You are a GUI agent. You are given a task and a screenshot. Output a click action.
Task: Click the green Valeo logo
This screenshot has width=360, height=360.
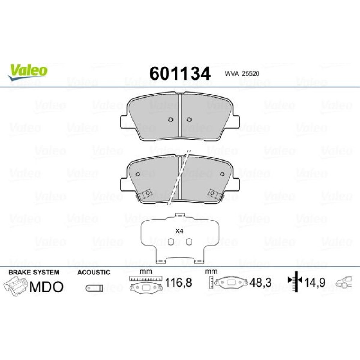[x=28, y=72]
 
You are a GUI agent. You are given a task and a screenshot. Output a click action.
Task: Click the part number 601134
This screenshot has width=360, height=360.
[x=180, y=73]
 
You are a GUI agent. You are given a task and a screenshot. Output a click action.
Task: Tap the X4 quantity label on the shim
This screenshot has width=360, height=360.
[x=179, y=231]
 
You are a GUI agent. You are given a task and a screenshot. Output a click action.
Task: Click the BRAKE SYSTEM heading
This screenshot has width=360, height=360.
[x=34, y=272]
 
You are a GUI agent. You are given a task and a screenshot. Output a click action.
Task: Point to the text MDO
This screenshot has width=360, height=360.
[x=46, y=287]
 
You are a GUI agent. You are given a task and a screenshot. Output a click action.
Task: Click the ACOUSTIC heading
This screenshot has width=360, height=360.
[x=94, y=272]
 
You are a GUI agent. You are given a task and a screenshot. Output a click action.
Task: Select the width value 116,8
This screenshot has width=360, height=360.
[x=179, y=282]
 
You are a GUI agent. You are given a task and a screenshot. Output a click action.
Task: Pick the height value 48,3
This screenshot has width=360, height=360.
[x=260, y=282]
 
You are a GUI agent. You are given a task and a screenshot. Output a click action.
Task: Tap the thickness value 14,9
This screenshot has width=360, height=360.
[x=315, y=282]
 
